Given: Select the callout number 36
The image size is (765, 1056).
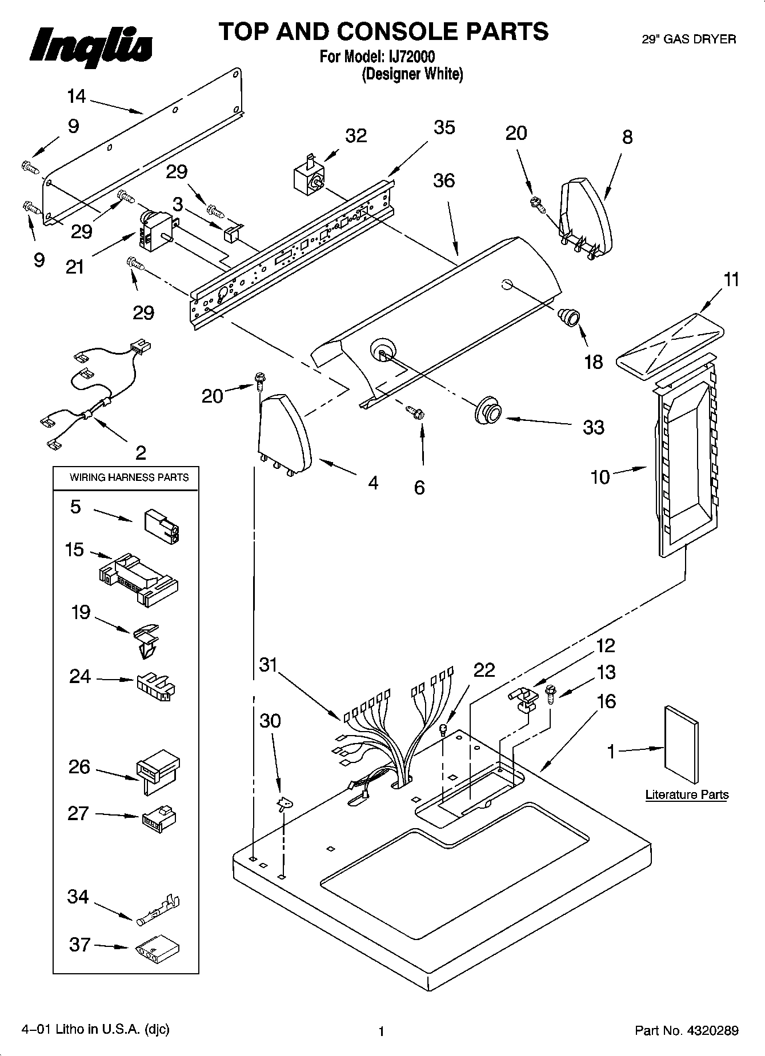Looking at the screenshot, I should click(x=444, y=180).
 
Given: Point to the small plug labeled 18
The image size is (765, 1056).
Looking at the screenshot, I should click(x=569, y=316).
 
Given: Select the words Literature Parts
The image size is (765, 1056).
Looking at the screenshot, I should click(x=687, y=794).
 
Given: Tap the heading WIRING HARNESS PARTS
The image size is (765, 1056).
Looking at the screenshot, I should click(x=129, y=477).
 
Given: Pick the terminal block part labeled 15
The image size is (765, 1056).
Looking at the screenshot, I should click(x=139, y=578).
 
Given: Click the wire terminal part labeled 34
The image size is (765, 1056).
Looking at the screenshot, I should click(x=158, y=910).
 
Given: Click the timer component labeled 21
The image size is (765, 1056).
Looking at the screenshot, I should click(x=154, y=230).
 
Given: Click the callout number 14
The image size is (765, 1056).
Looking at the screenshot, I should click(x=76, y=97).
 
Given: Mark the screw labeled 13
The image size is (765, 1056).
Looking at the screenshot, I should click(x=551, y=694).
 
